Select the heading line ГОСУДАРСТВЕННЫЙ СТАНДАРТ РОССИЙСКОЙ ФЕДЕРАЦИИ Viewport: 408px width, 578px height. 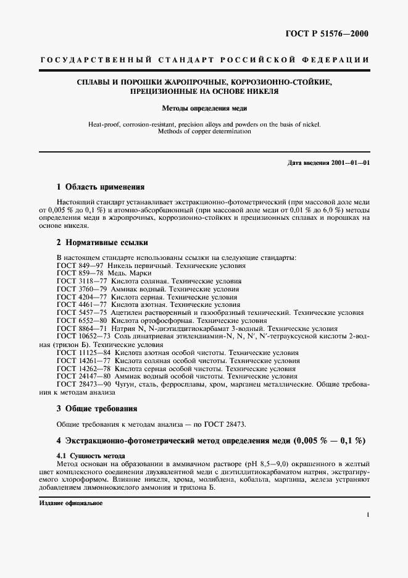[x=204, y=60]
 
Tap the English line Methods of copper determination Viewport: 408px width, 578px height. [x=204, y=132]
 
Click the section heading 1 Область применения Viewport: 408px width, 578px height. [x=101, y=186]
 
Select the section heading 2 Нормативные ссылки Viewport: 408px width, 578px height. [x=102, y=243]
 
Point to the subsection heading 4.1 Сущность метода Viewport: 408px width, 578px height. [x=86, y=456]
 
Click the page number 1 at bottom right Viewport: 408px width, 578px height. [x=367, y=514]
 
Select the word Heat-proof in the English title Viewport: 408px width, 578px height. [x=103, y=124]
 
